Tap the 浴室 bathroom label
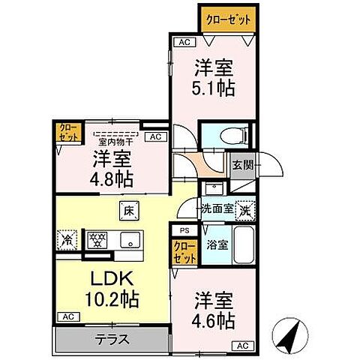[x=218, y=244]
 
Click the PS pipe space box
[x=184, y=231]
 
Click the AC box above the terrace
[x=67, y=316]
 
